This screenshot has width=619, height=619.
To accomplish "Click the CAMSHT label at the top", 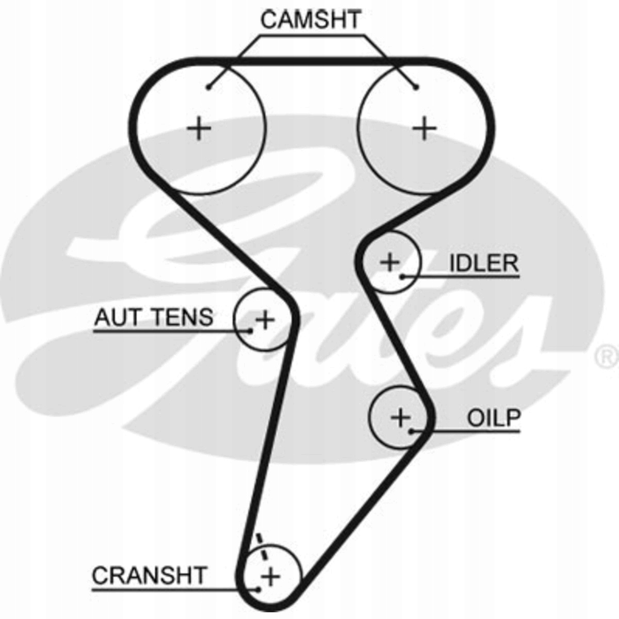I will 311,20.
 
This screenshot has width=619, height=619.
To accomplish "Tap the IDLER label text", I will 484,264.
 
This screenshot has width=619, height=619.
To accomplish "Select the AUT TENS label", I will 153,317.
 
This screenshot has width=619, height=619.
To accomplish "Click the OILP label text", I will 494,418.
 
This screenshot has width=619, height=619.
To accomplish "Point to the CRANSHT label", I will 149,575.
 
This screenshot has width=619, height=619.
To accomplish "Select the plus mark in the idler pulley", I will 390,262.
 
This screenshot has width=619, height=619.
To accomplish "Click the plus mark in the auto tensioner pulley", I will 265,320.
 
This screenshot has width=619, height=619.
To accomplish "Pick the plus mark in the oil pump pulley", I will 400,416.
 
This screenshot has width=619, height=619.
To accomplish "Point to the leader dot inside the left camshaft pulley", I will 208,87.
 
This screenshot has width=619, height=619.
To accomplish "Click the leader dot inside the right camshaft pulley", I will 416,87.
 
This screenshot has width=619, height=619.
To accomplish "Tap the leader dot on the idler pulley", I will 401,276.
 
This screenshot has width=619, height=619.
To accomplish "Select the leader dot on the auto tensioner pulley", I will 251,330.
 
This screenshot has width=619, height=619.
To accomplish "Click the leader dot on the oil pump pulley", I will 411,431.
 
